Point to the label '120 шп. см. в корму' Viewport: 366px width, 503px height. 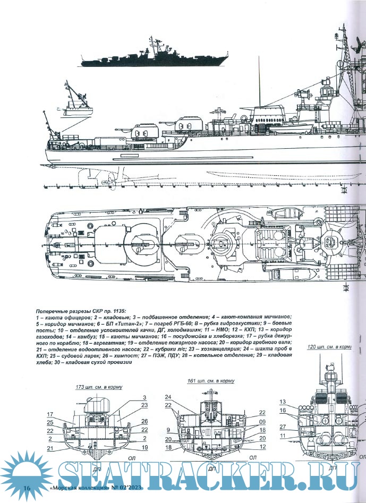tap(330, 346)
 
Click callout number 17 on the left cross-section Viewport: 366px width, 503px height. tap(49, 414)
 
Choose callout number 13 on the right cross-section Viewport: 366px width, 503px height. tap(283, 402)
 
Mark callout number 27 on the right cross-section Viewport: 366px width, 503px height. tap(283, 427)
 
